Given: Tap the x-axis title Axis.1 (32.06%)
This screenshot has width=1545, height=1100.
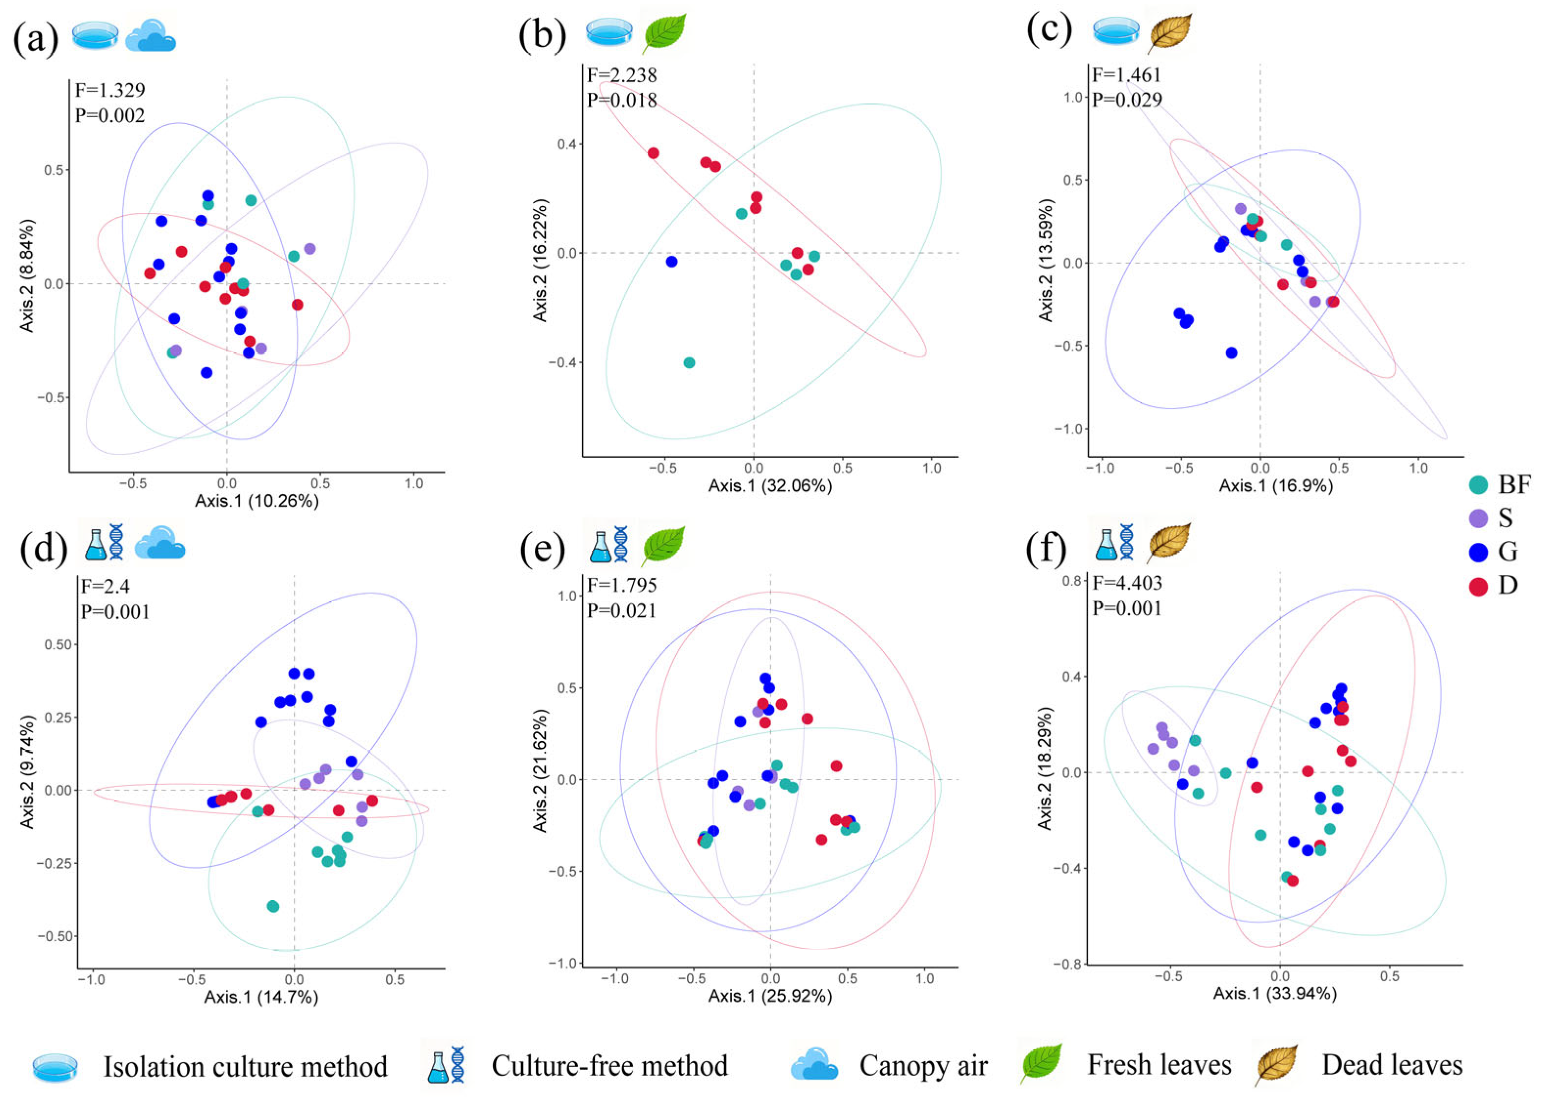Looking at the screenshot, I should pyautogui.click(x=770, y=486).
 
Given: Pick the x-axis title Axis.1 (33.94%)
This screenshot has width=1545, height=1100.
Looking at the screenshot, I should pyautogui.click(x=1274, y=994).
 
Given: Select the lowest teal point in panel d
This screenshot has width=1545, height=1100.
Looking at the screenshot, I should pyautogui.click(x=273, y=906).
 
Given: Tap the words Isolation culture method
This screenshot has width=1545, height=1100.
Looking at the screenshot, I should pyautogui.click(x=245, y=1066).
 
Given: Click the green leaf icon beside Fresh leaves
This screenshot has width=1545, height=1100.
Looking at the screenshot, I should pyautogui.click(x=1041, y=1064).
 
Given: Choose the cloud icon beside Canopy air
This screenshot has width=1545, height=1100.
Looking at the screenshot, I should pyautogui.click(x=814, y=1066).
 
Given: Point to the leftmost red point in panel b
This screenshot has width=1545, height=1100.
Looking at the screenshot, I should pyautogui.click(x=653, y=153).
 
